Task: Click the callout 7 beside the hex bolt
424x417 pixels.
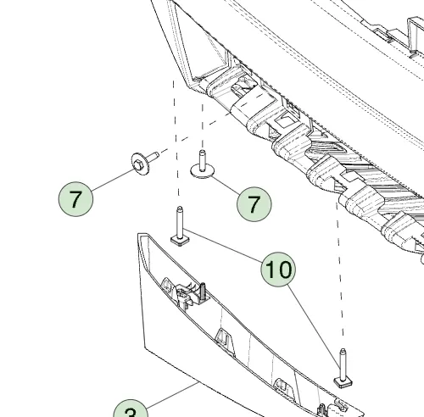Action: tap(76, 200)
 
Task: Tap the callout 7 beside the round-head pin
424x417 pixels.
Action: tap(253, 204)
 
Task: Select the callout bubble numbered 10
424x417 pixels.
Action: tap(278, 270)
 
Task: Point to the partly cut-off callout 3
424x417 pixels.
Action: tap(130, 411)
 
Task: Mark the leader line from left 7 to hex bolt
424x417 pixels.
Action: tap(110, 181)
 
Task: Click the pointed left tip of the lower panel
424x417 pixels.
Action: tap(139, 236)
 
